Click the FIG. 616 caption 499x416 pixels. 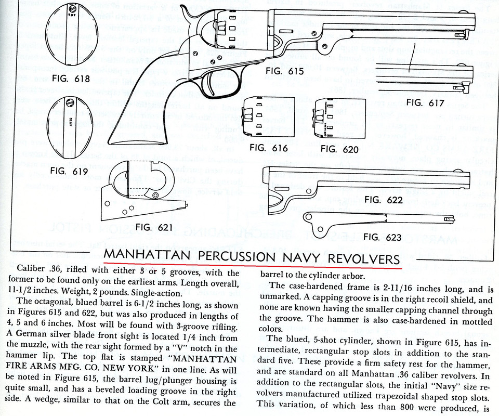pyautogui.click(x=268, y=148)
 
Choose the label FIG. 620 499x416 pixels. pyautogui.click(x=340, y=149)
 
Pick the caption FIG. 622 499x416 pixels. pyautogui.click(x=383, y=200)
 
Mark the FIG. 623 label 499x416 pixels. pyautogui.click(x=382, y=237)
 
